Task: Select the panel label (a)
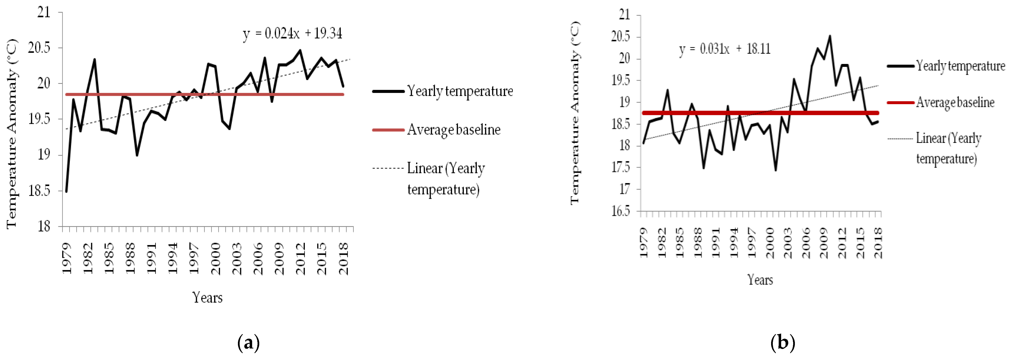[248, 343]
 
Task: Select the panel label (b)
[783, 343]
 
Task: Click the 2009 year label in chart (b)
[824, 243]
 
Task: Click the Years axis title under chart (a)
[207, 298]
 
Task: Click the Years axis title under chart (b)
[760, 280]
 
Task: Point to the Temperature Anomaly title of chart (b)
[575, 113]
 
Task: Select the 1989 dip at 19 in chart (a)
[137, 155]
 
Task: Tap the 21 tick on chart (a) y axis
[44, 12]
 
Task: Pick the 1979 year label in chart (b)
[643, 243]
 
